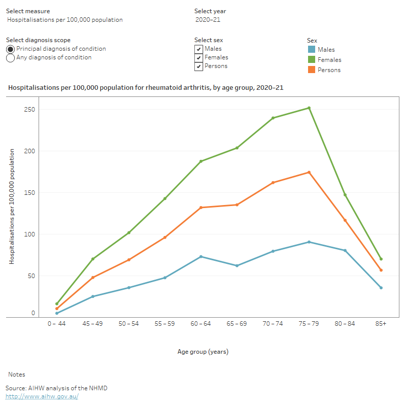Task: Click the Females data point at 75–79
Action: [309, 108]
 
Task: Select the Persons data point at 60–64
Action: [201, 208]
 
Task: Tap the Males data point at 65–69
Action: [237, 265]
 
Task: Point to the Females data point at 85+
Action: [381, 259]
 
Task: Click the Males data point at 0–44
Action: [57, 313]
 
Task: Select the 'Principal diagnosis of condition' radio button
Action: [10, 49]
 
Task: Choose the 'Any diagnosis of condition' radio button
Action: [10, 58]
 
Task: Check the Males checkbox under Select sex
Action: [198, 49]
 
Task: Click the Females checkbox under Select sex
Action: [198, 58]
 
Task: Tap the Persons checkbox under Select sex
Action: [198, 66]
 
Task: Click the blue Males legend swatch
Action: [311, 50]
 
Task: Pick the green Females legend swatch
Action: [311, 60]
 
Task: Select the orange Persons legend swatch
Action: [311, 70]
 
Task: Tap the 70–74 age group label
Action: [273, 324]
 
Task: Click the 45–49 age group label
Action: [93, 324]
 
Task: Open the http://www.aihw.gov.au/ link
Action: [42, 396]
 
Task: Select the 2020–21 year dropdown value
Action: [208, 20]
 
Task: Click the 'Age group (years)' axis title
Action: [203, 352]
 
